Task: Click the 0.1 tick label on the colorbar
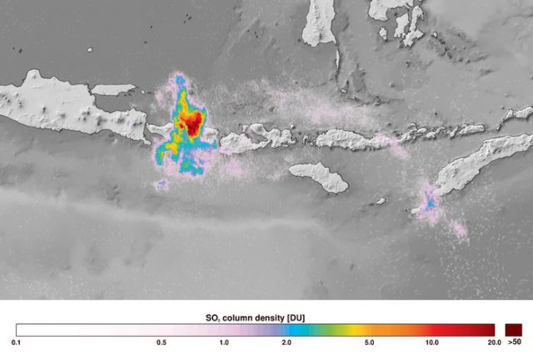(16, 342)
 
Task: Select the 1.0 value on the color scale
(223, 342)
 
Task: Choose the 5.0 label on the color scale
(368, 342)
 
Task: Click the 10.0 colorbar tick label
(431, 342)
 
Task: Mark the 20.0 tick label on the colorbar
(493, 342)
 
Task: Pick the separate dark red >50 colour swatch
(515, 329)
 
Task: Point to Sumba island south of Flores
(319, 176)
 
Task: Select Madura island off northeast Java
(113, 88)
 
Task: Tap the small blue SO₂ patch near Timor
(430, 200)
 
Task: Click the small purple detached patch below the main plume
(162, 184)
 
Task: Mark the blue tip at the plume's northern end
(180, 82)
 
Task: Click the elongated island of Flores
(350, 138)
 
